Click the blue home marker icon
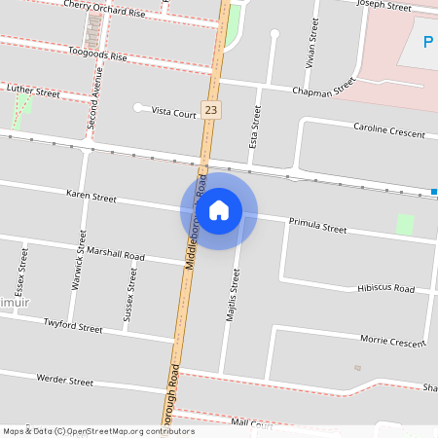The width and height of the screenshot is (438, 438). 219,209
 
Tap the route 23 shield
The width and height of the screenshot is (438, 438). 211,111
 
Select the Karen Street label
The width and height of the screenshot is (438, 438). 91,198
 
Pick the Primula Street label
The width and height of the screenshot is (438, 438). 317,229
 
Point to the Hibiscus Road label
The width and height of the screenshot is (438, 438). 385,289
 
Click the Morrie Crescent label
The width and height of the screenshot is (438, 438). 393,343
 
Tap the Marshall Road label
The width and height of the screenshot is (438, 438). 115,256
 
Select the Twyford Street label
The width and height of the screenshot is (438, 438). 73,328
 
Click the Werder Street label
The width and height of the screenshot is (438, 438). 64,380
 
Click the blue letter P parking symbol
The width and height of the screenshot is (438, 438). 428,44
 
